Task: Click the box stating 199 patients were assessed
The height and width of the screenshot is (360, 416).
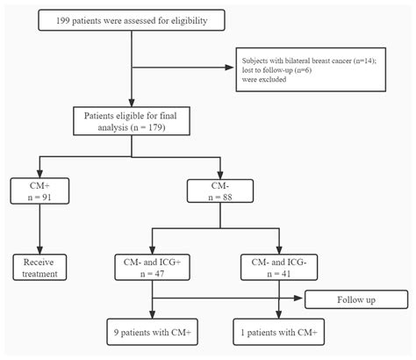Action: click(132, 18)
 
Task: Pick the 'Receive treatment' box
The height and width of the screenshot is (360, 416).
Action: click(39, 267)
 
